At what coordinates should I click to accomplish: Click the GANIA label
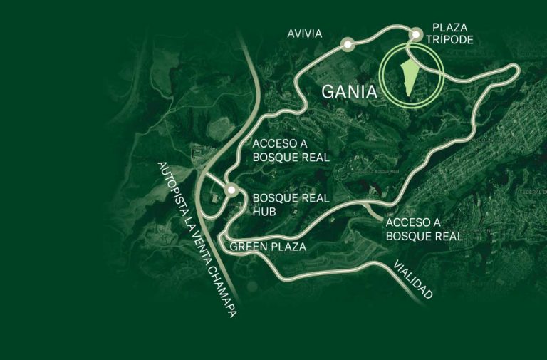[x=349, y=92]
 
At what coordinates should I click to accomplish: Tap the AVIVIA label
[x=305, y=34]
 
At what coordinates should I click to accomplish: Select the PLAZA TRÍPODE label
[x=451, y=34]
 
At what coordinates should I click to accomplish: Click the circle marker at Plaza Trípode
[x=415, y=33]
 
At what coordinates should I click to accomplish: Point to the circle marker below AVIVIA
[x=348, y=44]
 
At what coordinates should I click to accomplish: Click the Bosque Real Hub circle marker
[x=231, y=190]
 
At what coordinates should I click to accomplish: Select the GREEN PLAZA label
[x=268, y=247]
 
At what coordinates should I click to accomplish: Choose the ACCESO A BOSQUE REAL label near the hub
[x=291, y=150]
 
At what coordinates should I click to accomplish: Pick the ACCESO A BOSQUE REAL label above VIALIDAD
[x=424, y=229]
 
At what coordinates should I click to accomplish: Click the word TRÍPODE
[x=451, y=41]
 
